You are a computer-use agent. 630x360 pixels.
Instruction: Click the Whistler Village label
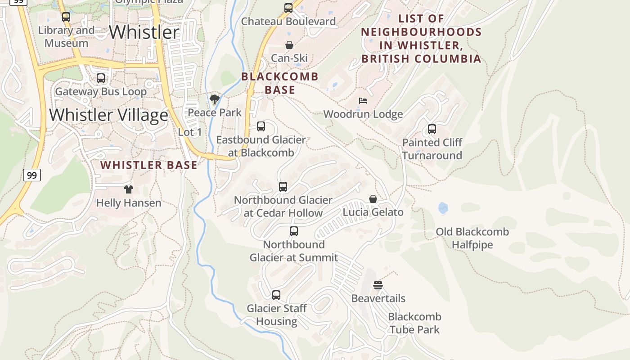[108, 115]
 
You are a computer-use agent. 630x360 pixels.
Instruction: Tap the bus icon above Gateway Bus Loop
[101, 78]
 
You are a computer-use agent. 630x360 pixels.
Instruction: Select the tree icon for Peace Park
[215, 99]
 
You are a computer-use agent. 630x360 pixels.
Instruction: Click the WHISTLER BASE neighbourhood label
[149, 165]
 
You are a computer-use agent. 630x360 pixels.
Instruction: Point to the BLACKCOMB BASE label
[280, 83]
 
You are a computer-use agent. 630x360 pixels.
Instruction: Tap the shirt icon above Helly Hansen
[129, 189]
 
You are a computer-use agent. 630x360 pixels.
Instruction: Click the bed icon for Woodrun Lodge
[363, 101]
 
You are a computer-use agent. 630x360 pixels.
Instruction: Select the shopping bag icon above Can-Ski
[289, 45]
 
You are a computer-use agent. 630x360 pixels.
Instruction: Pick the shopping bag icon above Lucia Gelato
[373, 199]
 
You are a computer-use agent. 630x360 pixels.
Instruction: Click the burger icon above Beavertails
[378, 285]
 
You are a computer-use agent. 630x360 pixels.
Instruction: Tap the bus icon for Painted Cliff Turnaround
[432, 129]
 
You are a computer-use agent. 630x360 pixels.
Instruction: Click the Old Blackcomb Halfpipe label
[472, 238]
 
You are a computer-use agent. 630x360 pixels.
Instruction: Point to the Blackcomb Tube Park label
[414, 323]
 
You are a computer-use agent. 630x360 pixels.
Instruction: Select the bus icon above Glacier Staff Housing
[276, 295]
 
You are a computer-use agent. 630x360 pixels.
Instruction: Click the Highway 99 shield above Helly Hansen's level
[32, 175]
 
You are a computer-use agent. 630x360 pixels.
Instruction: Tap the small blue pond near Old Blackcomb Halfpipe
[443, 208]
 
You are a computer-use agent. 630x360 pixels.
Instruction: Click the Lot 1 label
[190, 132]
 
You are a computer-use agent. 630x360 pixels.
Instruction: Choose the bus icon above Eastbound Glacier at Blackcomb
[261, 126]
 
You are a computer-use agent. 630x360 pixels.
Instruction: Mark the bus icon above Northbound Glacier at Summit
[294, 231]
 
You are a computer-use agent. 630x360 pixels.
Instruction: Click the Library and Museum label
[66, 37]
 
